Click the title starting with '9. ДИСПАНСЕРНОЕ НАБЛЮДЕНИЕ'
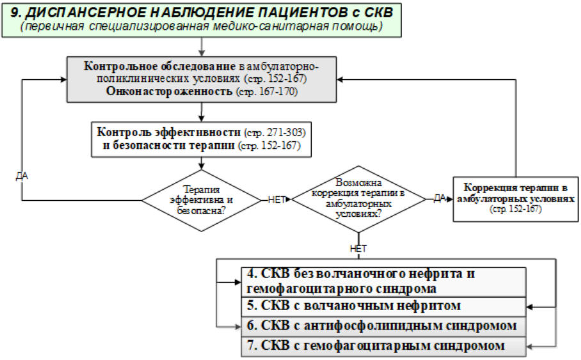[x=202, y=12]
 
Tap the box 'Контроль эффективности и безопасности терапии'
[x=202, y=140]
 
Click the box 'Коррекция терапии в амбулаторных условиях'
[x=514, y=199]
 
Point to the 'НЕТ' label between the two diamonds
[x=276, y=200]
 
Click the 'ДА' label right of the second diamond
[x=440, y=199]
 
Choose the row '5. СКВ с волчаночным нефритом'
[x=383, y=306]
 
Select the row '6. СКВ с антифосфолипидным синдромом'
[x=383, y=325]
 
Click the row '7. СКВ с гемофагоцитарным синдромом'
[x=383, y=346]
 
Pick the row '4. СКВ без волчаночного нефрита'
[x=383, y=281]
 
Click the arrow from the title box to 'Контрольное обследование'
[x=202, y=46]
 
